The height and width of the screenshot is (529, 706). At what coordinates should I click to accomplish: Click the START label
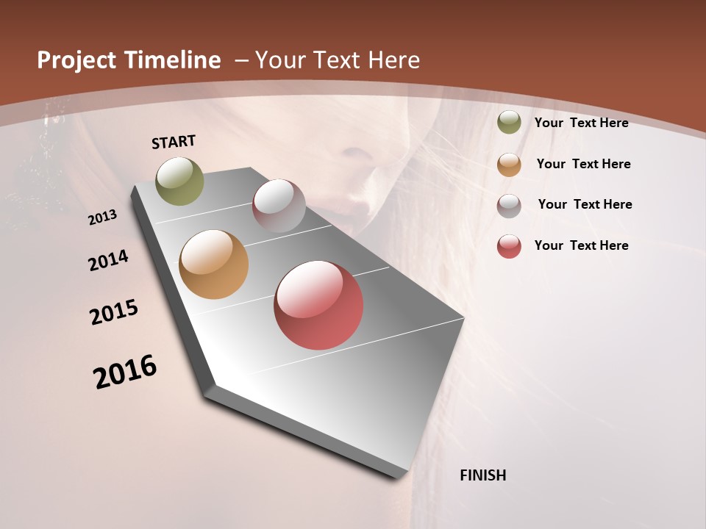174,142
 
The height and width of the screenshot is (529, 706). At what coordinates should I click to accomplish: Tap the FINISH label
482,475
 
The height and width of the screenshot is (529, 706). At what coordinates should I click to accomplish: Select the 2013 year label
103,217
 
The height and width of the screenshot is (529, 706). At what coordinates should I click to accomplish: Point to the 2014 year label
108,260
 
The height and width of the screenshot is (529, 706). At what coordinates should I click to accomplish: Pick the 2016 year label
125,371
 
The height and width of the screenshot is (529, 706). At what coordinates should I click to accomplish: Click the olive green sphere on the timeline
180,181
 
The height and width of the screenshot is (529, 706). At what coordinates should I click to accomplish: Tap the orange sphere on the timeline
213,264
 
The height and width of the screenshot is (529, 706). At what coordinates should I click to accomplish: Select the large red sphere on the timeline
318,305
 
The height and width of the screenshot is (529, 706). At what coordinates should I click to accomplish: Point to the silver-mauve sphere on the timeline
279,206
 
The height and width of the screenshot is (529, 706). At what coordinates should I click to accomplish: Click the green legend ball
509,123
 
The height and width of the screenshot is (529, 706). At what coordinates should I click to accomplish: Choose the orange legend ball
509,165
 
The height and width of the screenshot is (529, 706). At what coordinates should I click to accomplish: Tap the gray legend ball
509,206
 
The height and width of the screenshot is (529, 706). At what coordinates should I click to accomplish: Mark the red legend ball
509,246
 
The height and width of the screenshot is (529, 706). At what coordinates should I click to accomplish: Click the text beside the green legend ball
581,123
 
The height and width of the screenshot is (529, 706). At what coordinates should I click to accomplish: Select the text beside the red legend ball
581,245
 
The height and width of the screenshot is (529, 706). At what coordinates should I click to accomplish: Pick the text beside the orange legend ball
583,164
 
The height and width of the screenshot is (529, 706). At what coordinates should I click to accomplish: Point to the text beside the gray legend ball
585,204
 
